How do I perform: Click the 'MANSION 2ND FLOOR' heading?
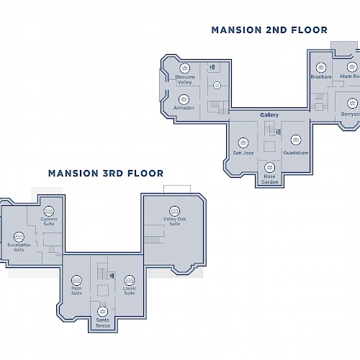(269, 30)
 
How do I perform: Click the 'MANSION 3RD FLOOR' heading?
(105, 173)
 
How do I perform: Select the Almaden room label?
(184, 107)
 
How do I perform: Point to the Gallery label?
(269, 115)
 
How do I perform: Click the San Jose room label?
(243, 153)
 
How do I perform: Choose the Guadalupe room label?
(296, 153)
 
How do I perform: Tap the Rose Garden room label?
(270, 179)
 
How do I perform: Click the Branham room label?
(321, 76)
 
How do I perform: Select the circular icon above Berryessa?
(351, 103)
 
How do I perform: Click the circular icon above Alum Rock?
(352, 67)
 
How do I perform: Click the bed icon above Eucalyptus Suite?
(19, 236)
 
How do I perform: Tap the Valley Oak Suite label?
(174, 221)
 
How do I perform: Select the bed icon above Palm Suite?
(76, 281)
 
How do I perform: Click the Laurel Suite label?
(130, 291)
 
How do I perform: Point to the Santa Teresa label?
(103, 322)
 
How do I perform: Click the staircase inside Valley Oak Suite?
(150, 240)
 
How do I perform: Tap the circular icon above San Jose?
(243, 143)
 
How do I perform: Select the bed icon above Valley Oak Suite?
(174, 210)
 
